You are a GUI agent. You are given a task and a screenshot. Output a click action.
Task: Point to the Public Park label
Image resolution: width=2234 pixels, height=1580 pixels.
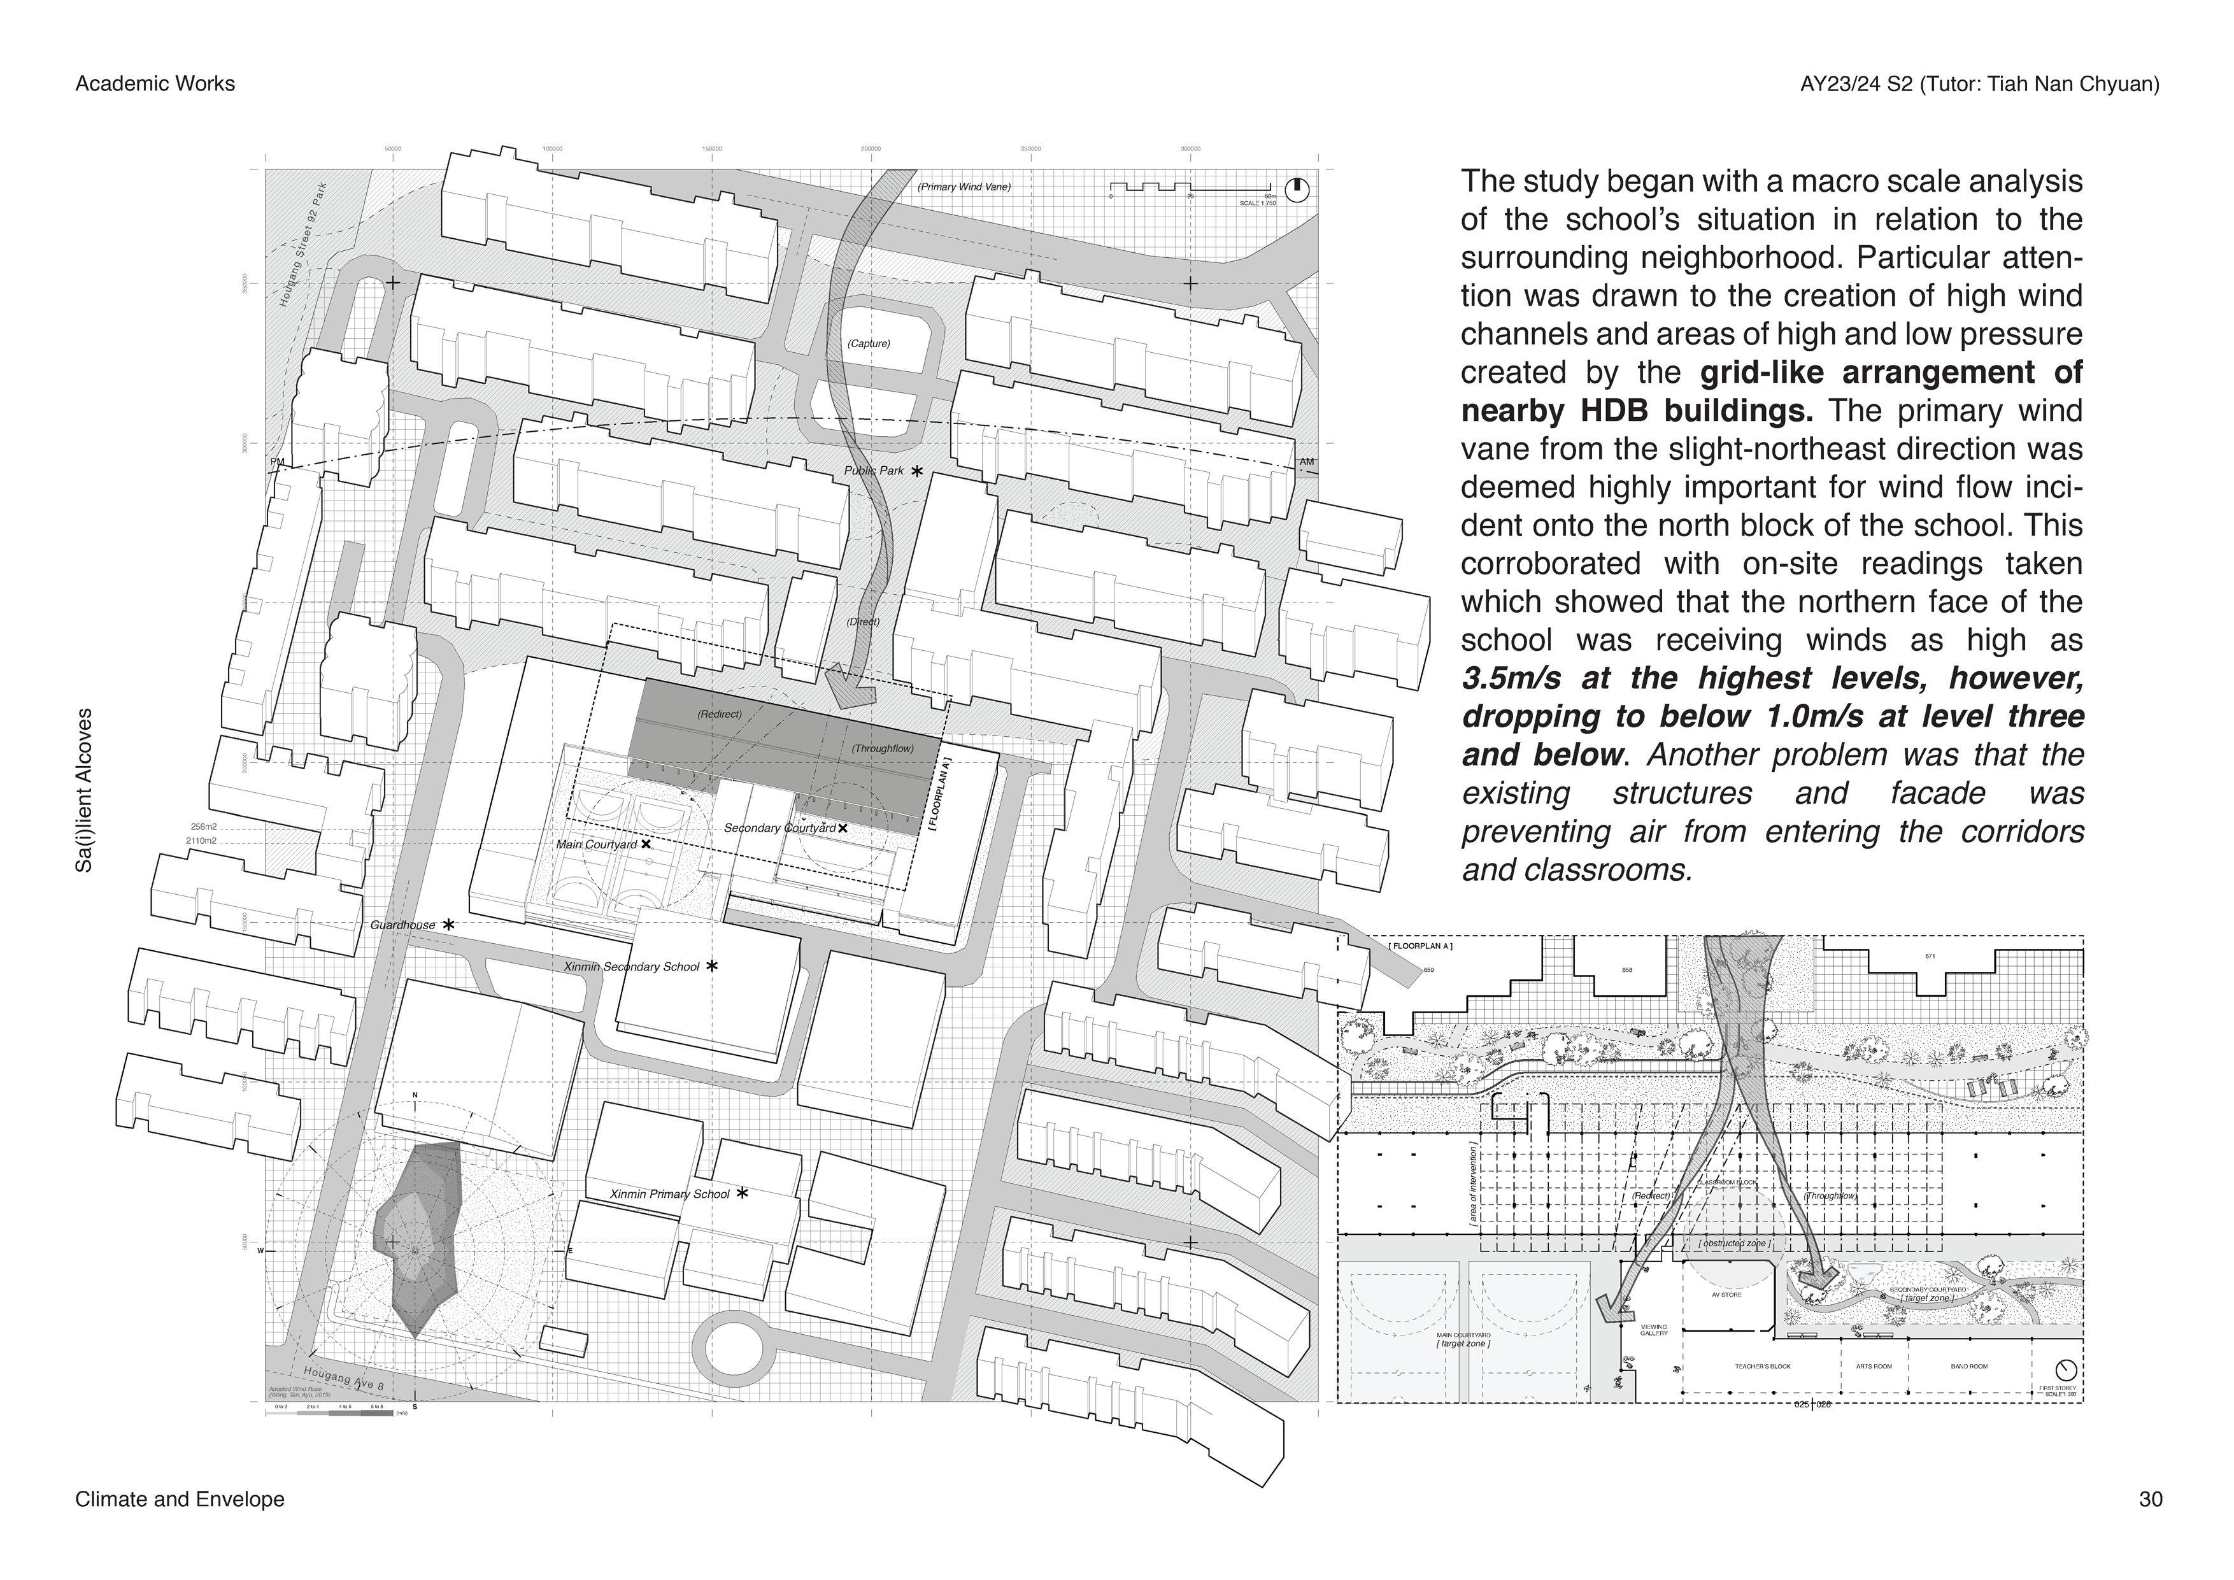tap(874, 471)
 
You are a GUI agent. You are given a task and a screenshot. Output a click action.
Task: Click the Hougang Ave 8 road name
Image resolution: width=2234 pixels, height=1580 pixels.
tap(343, 1379)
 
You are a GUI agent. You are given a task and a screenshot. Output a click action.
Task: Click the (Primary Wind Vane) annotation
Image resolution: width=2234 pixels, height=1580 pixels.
tap(964, 187)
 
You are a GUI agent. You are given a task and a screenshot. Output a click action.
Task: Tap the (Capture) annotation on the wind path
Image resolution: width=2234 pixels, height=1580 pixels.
tap(868, 343)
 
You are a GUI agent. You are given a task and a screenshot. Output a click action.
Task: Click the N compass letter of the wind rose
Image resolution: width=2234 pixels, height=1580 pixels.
tap(415, 1097)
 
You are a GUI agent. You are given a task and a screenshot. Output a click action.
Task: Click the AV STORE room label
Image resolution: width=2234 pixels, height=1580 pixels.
tap(1726, 1295)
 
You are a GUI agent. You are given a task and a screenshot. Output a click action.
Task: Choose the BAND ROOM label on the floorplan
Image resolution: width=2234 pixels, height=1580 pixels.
tap(1969, 1366)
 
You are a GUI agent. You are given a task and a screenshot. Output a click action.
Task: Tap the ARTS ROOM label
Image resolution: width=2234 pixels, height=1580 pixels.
tap(1874, 1366)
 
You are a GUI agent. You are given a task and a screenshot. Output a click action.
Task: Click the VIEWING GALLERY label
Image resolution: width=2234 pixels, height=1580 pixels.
tap(1653, 1330)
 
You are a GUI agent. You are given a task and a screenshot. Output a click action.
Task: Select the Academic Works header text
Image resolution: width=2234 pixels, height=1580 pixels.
tap(155, 83)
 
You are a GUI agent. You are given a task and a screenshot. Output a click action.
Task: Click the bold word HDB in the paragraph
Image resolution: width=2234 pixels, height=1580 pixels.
tap(1614, 411)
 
